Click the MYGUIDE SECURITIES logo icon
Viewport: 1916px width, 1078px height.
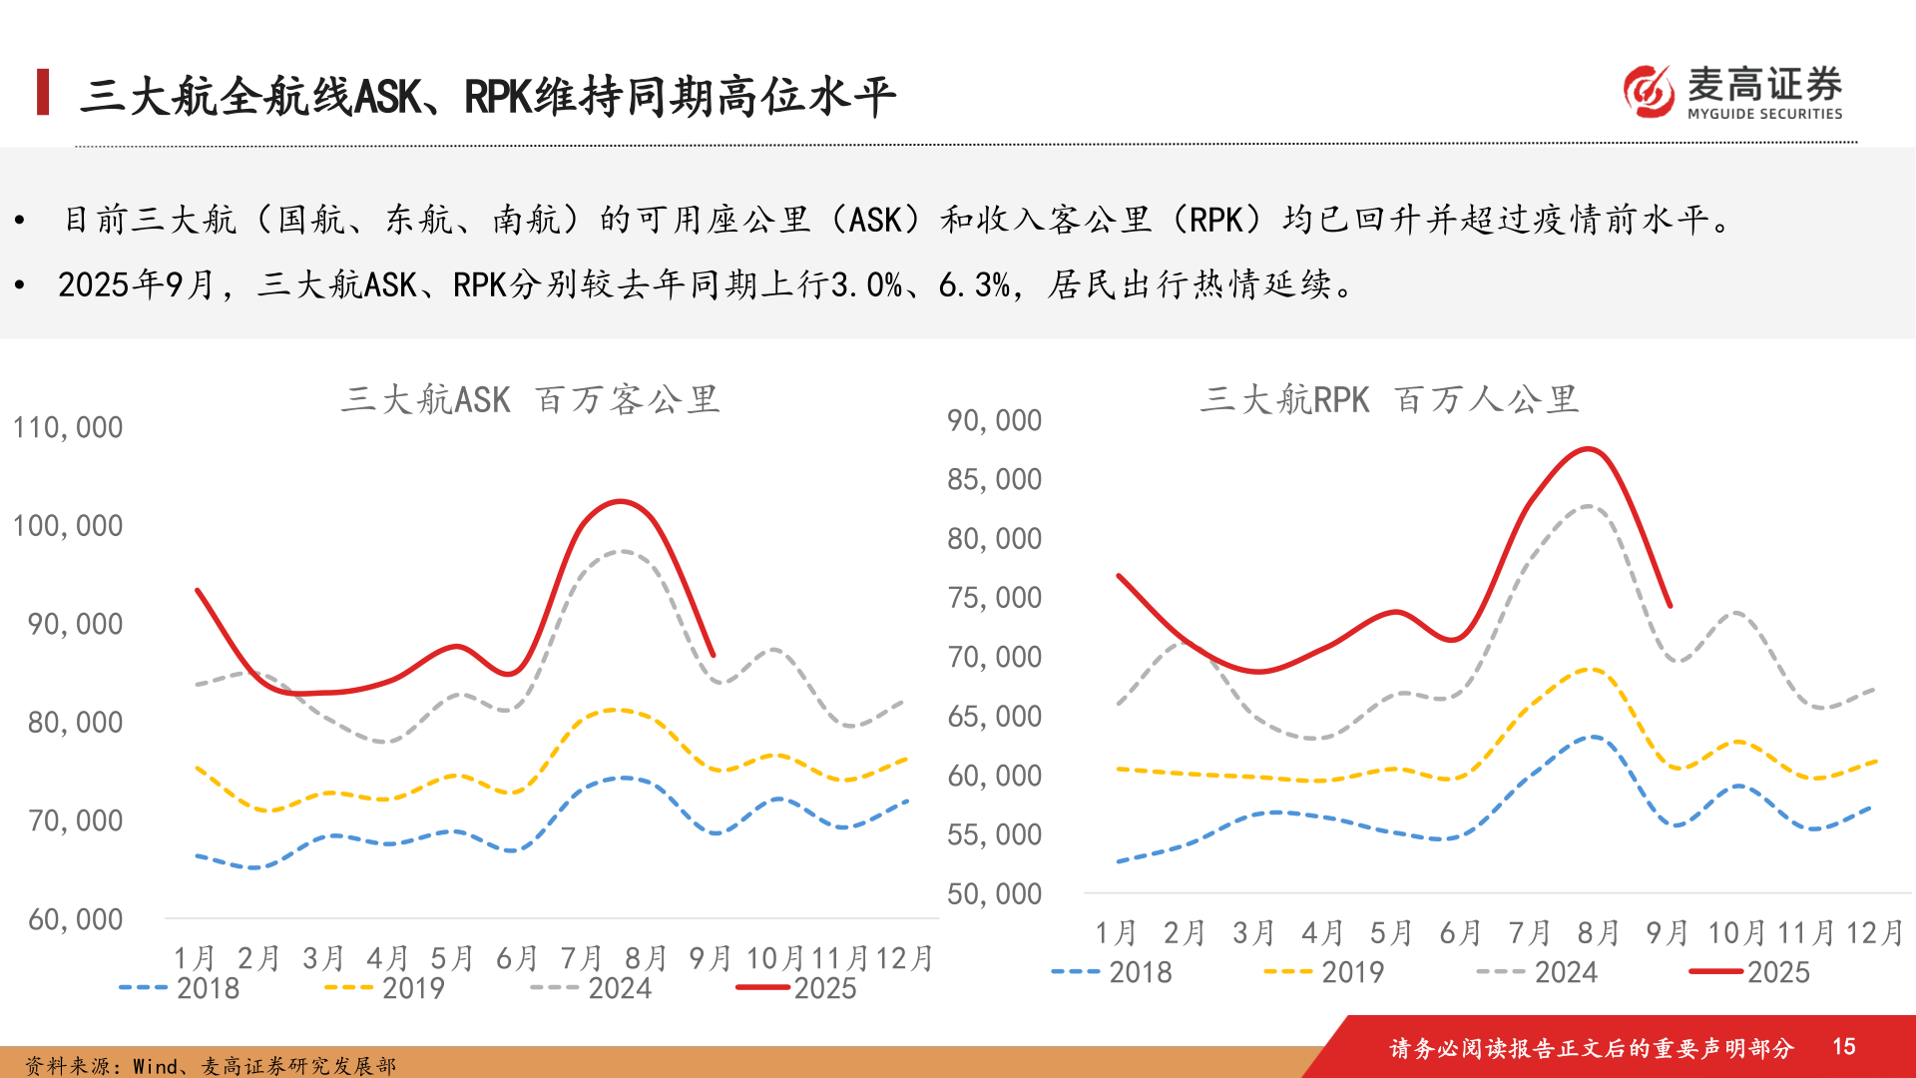click(x=1649, y=91)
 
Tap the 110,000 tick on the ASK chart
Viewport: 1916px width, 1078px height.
click(x=68, y=427)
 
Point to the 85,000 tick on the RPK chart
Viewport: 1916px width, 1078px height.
click(x=994, y=480)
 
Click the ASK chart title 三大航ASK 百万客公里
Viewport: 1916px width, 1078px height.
click(x=530, y=399)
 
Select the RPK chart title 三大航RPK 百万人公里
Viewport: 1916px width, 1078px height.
click(x=1388, y=399)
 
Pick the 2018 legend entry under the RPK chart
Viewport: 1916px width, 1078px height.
click(x=1112, y=972)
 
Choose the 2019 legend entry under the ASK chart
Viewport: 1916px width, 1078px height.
click(x=385, y=988)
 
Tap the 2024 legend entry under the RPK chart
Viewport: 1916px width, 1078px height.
click(x=1538, y=972)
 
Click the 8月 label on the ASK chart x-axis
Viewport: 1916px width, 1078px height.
click(x=646, y=958)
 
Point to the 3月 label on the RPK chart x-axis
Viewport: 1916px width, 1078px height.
click(x=1253, y=933)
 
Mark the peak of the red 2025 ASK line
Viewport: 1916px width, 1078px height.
click(x=621, y=501)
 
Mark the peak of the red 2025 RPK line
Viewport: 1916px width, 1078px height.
click(x=1587, y=449)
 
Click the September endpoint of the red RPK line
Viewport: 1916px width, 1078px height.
click(x=1670, y=606)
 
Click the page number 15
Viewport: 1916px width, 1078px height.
click(x=1843, y=1046)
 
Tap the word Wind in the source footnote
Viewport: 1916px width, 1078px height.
click(x=155, y=1066)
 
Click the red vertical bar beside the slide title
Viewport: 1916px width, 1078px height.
click(x=43, y=92)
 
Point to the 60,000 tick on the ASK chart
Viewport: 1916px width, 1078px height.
click(x=76, y=919)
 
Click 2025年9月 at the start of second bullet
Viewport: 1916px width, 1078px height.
click(x=136, y=285)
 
